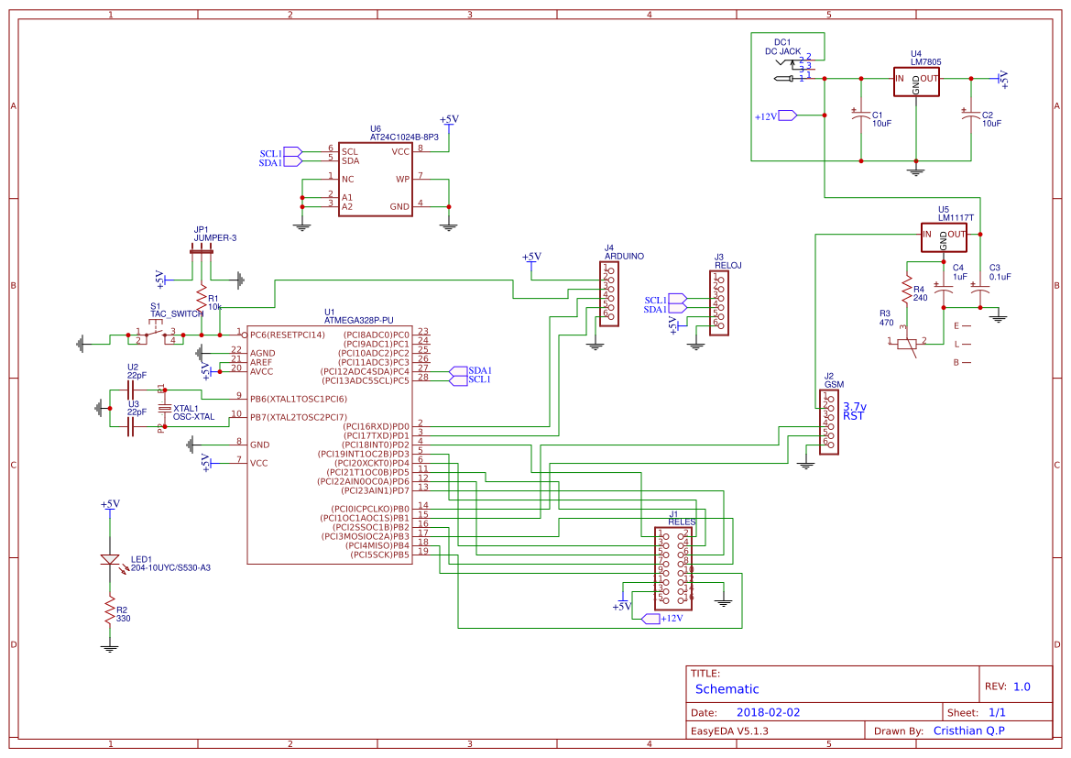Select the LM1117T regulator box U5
click(944, 236)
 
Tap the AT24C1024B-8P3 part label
click(404, 137)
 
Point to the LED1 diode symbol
click(110, 560)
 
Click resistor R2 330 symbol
click(110, 610)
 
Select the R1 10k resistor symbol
click(202, 297)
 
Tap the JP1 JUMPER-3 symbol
click(202, 249)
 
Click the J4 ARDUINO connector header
click(608, 293)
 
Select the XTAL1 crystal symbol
click(164, 408)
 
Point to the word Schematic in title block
click(727, 689)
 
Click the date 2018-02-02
click(768, 712)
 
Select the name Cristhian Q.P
click(967, 731)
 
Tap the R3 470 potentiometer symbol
click(907, 344)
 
